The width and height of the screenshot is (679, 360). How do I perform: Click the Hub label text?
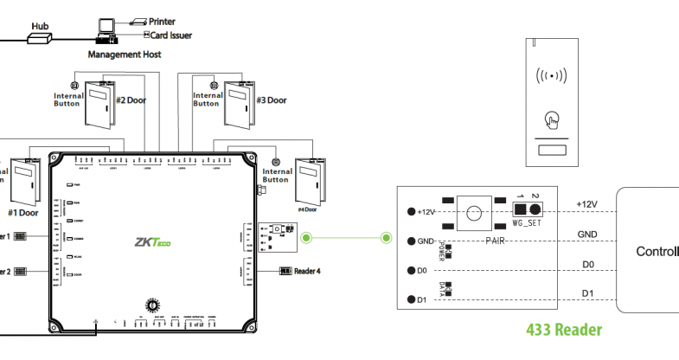pos(40,26)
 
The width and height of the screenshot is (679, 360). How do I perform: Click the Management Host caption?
pos(125,54)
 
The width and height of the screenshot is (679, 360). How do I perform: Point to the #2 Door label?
pos(131,100)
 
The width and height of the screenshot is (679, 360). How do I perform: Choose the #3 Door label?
pos(271,100)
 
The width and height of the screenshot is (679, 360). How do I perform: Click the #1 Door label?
pos(22,212)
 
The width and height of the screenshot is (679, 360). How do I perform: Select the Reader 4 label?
pos(307,271)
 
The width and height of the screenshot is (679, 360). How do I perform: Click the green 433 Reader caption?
pos(564,330)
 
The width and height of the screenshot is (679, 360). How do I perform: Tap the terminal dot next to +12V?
pos(411,211)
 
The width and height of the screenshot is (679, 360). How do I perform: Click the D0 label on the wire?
pos(587,263)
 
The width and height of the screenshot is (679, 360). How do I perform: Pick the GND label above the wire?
pos(587,234)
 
